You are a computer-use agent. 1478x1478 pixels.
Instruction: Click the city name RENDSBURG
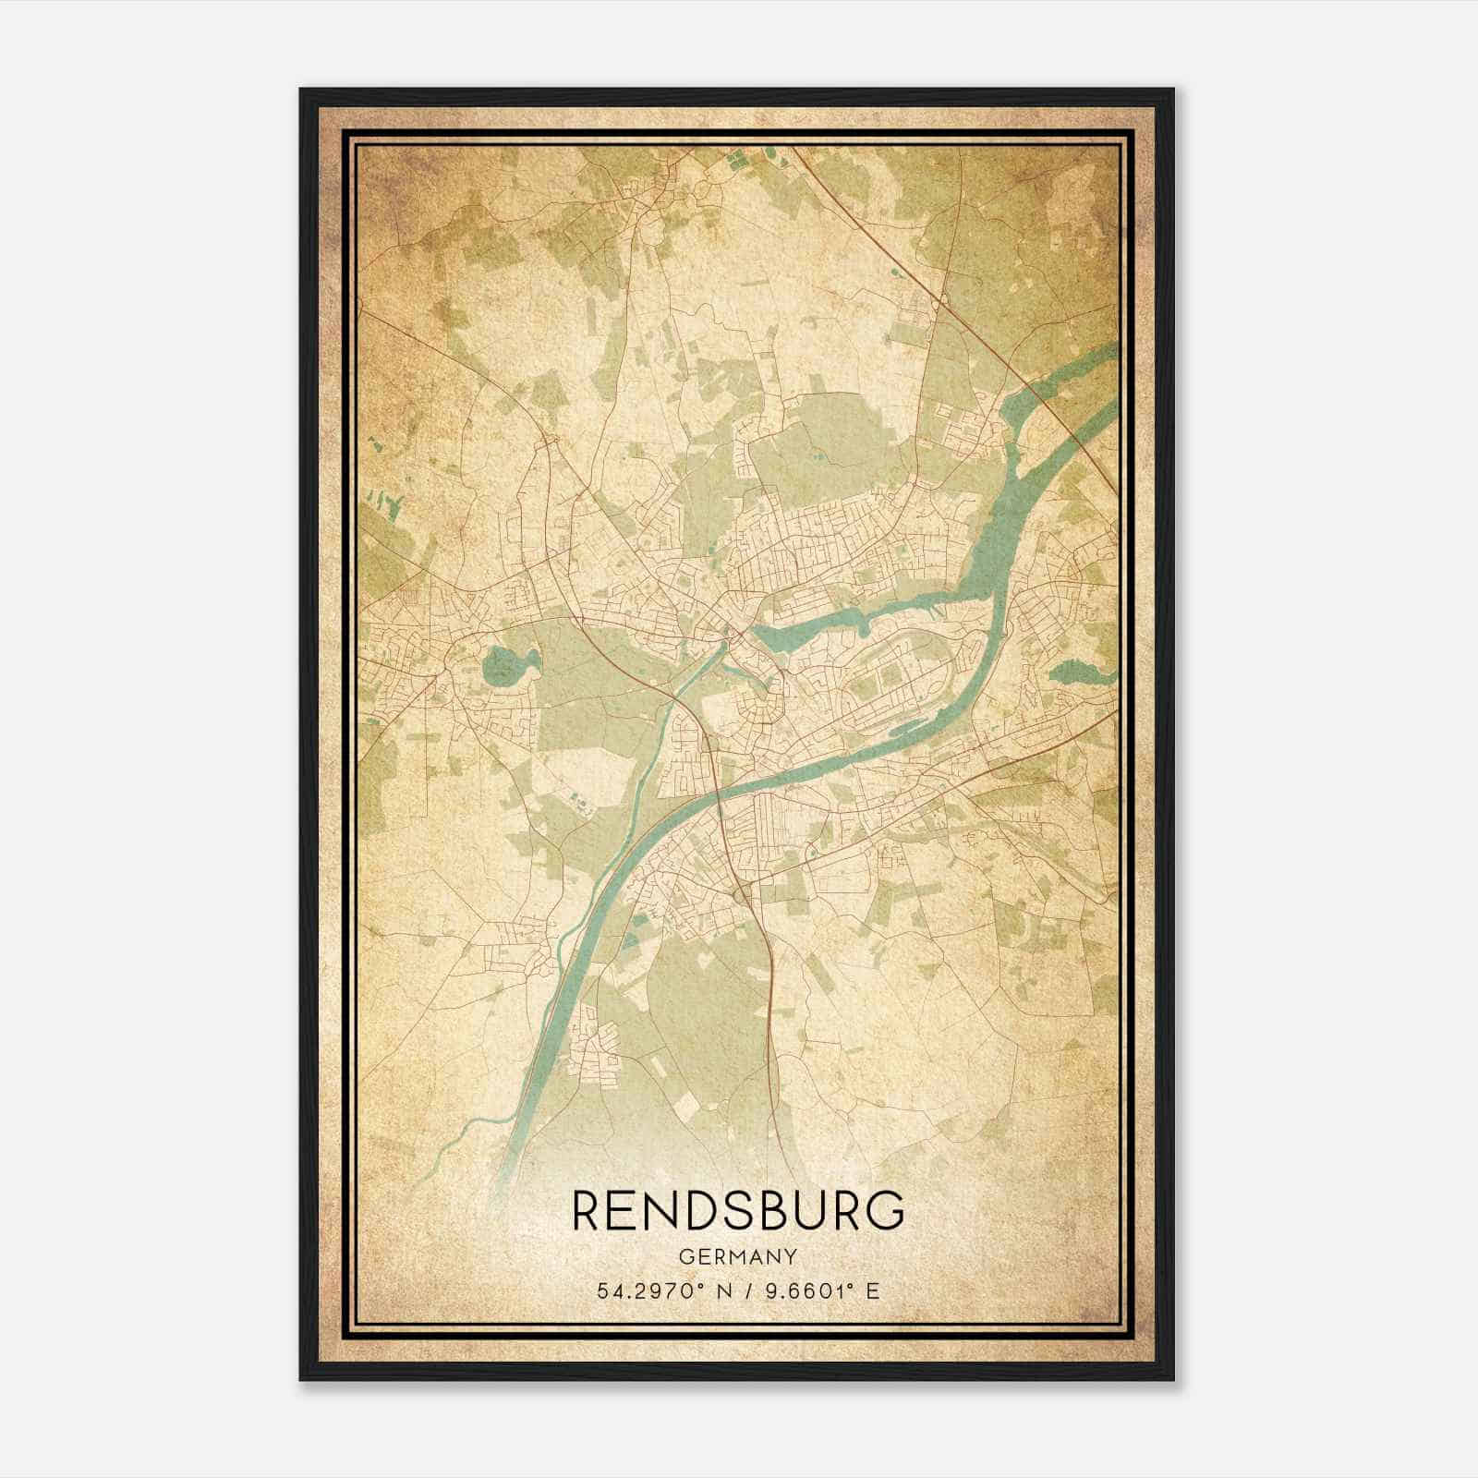(738, 1210)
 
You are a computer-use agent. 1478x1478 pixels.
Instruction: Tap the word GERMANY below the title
(738, 1257)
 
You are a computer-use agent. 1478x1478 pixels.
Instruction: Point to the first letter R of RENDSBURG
(588, 1210)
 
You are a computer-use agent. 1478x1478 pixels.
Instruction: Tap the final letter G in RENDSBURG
(888, 1210)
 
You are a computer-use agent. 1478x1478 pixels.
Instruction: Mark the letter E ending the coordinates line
(873, 1290)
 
